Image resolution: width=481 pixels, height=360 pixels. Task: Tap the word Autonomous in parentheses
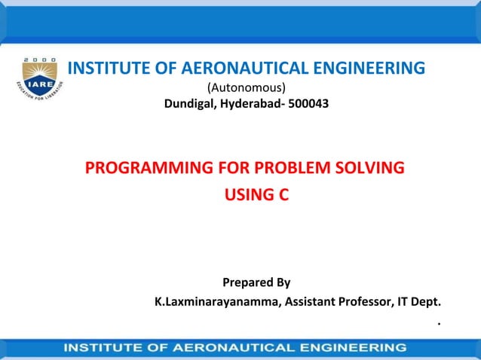[x=246, y=87]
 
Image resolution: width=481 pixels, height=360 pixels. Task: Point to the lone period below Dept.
[x=437, y=323]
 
